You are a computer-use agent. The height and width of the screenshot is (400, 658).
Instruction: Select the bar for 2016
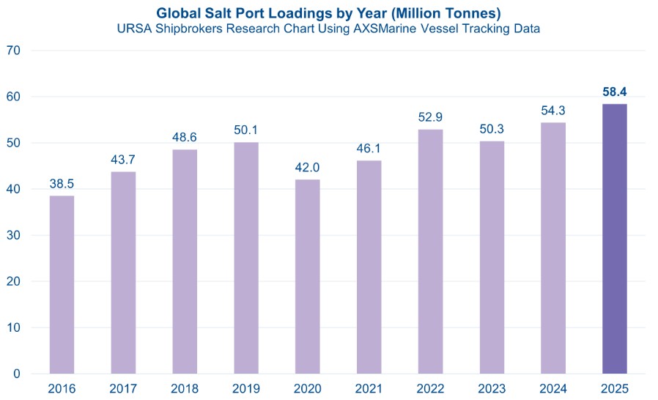[x=62, y=284]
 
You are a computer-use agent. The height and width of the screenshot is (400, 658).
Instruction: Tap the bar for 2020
[x=307, y=276]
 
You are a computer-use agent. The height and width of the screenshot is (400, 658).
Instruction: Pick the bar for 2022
[x=430, y=251]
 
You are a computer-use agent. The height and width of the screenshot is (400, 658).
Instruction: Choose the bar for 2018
[x=185, y=262]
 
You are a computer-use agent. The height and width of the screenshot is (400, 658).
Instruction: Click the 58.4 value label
[x=614, y=92]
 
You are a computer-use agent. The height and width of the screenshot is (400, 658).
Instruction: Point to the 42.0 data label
[x=307, y=168]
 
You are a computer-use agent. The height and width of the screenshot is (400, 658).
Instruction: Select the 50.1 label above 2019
[x=246, y=130]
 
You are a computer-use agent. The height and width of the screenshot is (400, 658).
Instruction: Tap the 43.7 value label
[x=123, y=160]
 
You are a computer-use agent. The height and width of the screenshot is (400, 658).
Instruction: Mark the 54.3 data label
[x=552, y=111]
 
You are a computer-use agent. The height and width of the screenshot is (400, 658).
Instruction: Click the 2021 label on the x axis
[x=369, y=388]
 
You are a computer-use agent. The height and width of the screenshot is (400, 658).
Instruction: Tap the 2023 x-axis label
[x=492, y=388]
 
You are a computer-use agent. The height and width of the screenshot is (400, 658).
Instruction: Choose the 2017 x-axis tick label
[x=123, y=388]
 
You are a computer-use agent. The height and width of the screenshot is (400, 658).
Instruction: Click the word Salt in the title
[x=235, y=12]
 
